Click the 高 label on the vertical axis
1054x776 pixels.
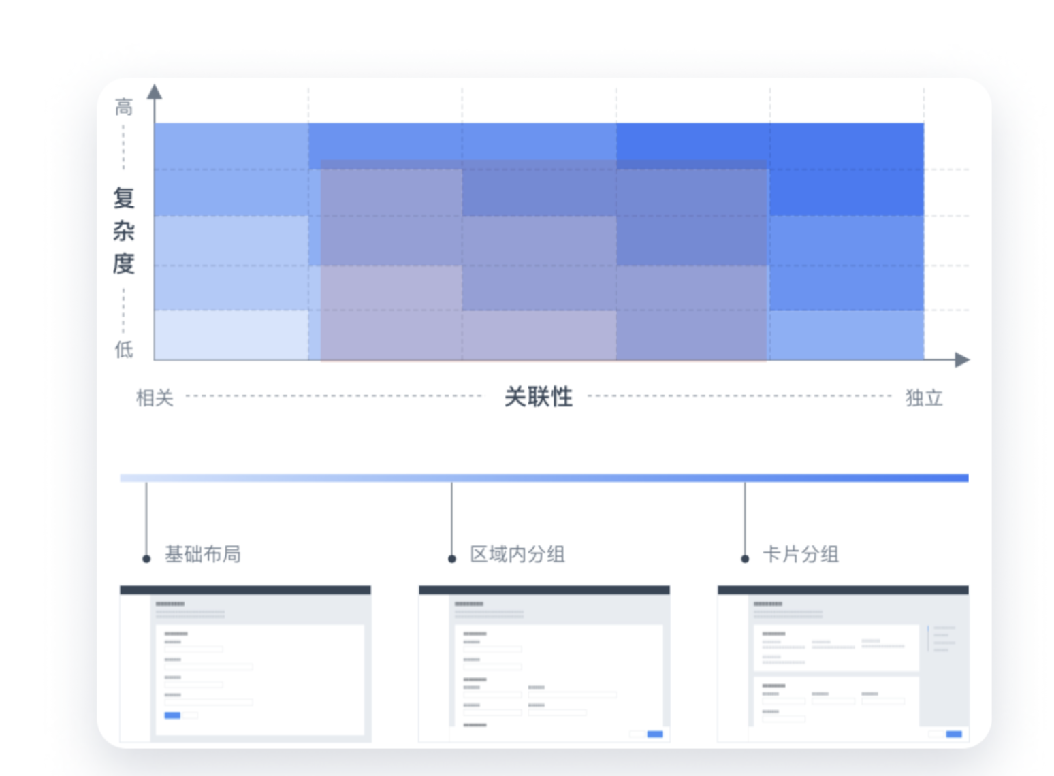point(124,107)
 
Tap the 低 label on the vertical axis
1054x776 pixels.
point(124,349)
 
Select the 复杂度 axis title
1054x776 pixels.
point(124,231)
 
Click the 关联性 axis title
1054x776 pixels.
point(538,396)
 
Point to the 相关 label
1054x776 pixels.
point(155,398)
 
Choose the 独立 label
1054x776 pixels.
point(924,398)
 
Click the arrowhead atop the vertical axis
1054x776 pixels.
point(155,92)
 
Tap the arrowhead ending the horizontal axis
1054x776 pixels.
point(961,359)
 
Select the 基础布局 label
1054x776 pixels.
point(203,554)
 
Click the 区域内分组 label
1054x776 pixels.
point(517,554)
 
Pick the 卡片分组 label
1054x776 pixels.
point(801,554)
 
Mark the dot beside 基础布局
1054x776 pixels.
point(146,559)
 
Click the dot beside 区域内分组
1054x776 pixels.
point(452,559)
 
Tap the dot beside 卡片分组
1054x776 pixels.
point(745,559)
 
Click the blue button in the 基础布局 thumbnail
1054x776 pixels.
point(172,715)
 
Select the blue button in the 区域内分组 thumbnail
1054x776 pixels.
point(655,734)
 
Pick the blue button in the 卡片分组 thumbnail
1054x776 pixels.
point(954,734)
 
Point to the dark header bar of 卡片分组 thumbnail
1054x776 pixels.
point(843,590)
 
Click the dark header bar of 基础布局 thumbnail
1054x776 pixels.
point(245,590)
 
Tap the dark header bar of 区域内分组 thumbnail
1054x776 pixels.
point(544,590)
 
